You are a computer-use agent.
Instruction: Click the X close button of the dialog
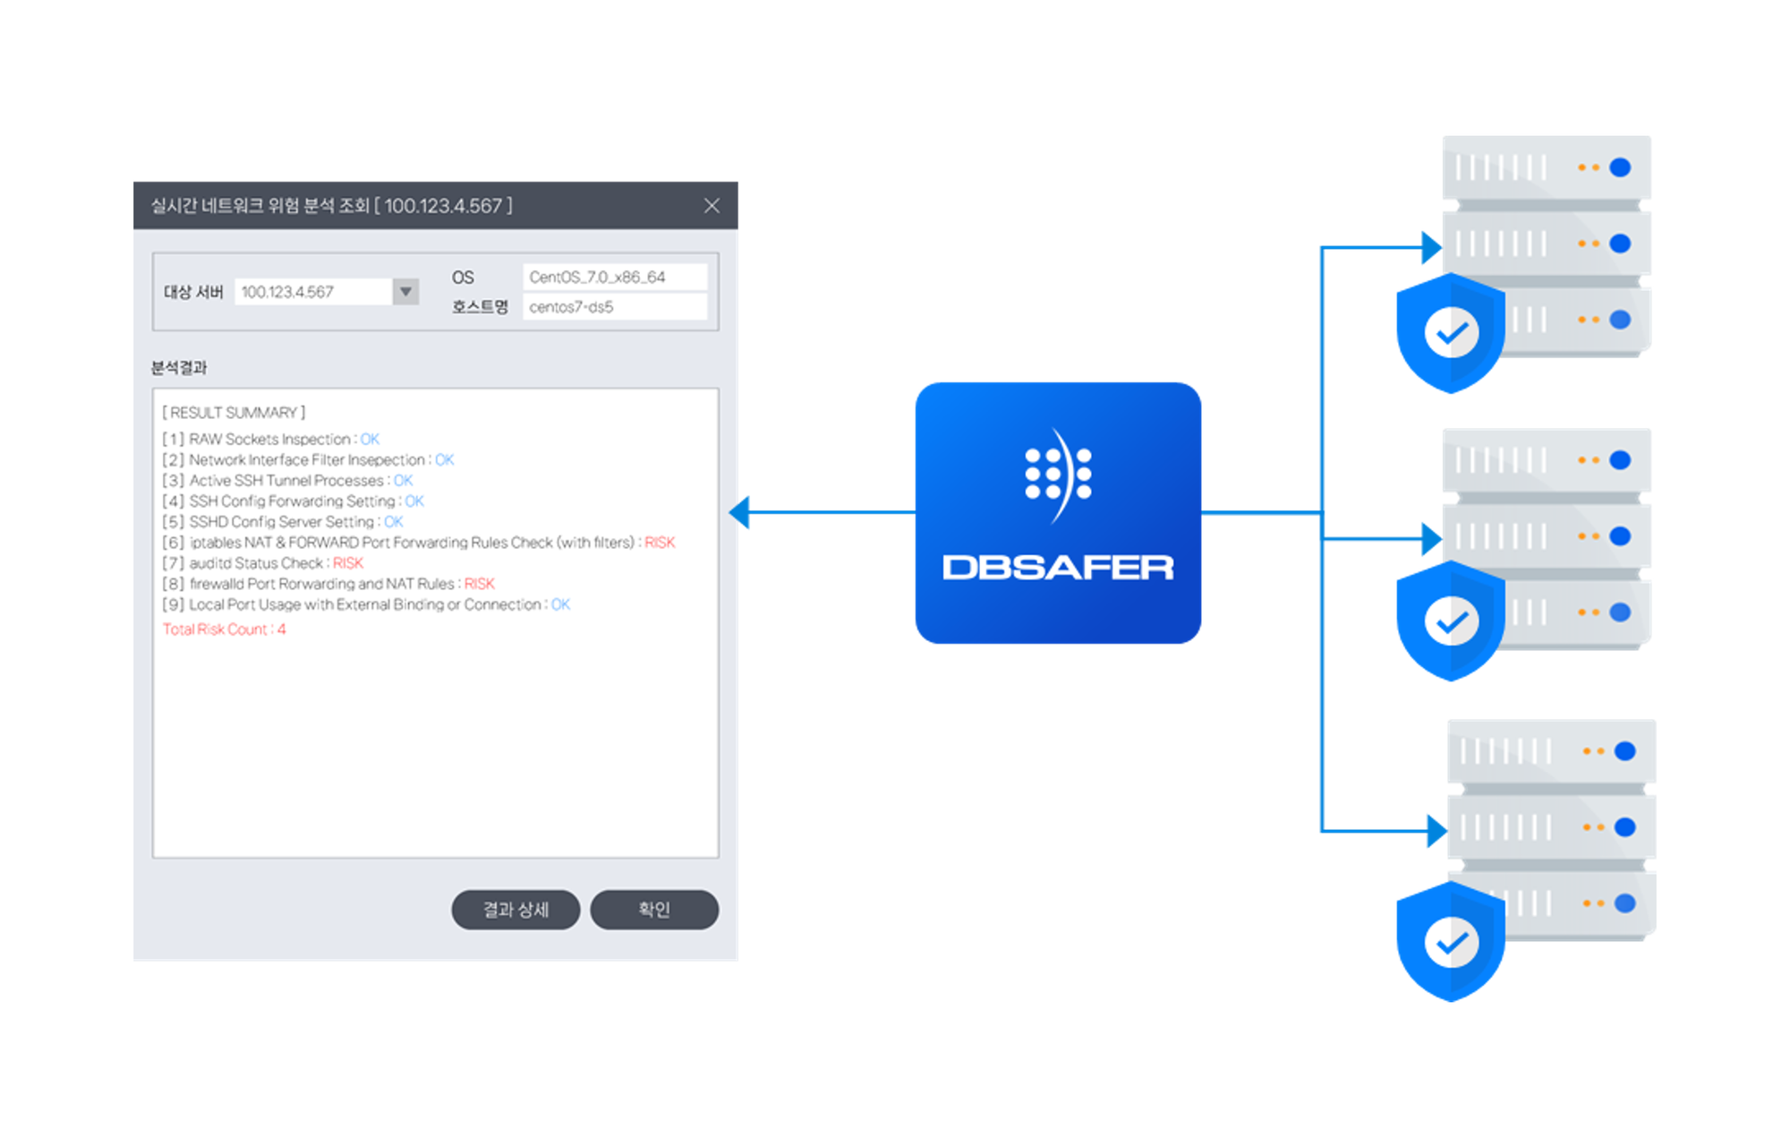712,206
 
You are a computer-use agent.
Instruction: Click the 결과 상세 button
516,910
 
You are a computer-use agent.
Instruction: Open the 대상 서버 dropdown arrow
405,292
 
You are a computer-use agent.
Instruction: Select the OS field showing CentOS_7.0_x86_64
614,278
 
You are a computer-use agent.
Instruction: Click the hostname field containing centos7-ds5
614,307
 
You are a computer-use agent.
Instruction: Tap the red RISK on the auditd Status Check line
348,563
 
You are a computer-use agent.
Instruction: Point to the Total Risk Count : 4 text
225,629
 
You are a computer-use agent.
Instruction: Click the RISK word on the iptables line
660,543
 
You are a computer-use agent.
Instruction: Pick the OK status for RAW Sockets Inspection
370,440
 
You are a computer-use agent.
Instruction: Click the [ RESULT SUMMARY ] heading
234,413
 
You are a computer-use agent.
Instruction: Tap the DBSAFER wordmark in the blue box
1058,568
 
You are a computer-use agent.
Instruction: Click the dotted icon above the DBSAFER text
1058,474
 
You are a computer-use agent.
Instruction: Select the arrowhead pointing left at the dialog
740,512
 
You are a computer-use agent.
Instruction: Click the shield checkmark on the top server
1451,333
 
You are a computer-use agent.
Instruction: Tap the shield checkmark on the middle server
1451,621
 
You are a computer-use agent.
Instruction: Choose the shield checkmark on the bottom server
1451,942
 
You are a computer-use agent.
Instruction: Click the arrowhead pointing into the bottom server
1436,831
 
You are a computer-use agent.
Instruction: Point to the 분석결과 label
179,368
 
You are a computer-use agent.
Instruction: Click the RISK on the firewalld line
479,584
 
